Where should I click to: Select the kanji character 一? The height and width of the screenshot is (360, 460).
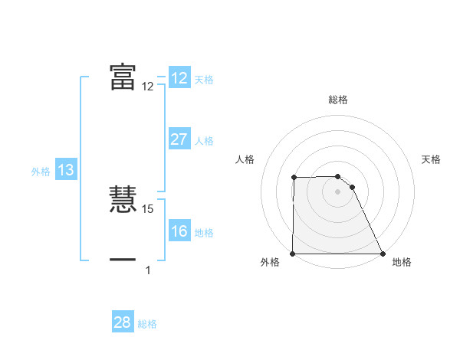(x=123, y=260)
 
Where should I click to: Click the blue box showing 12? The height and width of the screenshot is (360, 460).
(x=179, y=78)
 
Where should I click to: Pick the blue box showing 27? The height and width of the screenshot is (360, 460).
(x=179, y=139)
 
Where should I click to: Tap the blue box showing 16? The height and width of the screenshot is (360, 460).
(x=179, y=232)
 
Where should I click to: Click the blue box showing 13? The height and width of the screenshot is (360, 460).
(x=66, y=171)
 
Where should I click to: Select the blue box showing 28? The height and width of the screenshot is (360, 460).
(x=123, y=322)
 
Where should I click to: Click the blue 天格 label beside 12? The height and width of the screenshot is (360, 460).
(x=204, y=80)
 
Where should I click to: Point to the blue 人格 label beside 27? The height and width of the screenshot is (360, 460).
(x=204, y=141)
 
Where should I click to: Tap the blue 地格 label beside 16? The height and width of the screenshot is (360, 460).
(x=204, y=233)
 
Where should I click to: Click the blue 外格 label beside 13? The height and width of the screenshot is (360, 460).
(x=41, y=172)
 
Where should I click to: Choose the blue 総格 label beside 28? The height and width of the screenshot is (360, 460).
(x=148, y=324)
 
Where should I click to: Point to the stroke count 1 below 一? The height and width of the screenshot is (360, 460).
(x=148, y=270)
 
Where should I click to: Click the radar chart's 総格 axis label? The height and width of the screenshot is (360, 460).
(x=338, y=100)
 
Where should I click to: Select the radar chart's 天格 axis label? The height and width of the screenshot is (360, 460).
(x=431, y=159)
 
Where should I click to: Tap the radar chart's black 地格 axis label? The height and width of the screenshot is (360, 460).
(x=402, y=262)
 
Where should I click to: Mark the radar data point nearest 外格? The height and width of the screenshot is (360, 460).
(x=293, y=254)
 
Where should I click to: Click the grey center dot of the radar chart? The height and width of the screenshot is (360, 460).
(x=338, y=191)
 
